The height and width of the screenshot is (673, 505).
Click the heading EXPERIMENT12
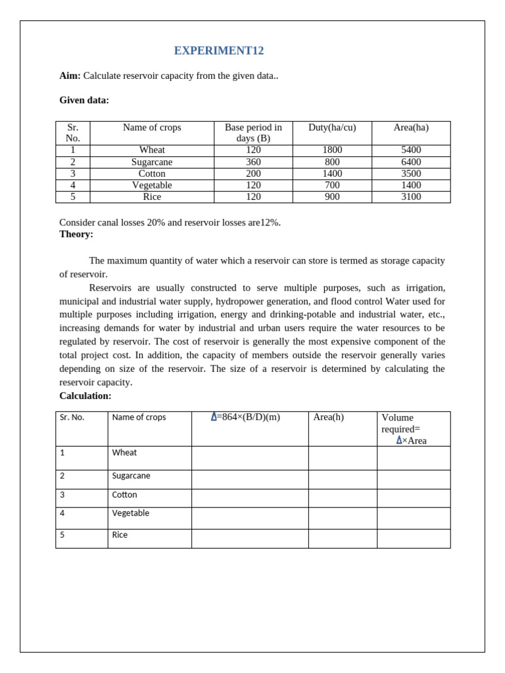click(218, 51)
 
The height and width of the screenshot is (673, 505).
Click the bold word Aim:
click(70, 76)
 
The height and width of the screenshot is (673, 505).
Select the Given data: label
click(84, 100)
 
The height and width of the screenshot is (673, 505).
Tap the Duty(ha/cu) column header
click(332, 128)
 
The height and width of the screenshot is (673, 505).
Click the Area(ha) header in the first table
click(411, 128)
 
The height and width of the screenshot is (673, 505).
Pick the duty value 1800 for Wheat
click(332, 151)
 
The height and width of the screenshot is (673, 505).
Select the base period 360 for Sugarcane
click(253, 162)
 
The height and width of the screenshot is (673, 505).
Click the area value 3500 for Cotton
click(411, 174)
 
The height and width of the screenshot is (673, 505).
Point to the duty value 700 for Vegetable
click(332, 185)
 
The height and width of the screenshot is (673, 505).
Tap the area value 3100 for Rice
click(411, 197)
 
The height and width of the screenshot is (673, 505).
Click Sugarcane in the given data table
click(152, 162)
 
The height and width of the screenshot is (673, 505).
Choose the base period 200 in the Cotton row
click(253, 174)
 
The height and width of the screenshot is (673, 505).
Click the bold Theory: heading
click(76, 234)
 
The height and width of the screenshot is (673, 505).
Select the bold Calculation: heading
click(85, 396)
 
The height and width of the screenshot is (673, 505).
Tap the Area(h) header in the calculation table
click(328, 417)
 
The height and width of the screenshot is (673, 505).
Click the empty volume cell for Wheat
click(414, 458)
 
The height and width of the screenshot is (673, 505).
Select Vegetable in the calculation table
click(131, 513)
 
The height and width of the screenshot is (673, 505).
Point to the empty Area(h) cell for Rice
click(342, 538)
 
